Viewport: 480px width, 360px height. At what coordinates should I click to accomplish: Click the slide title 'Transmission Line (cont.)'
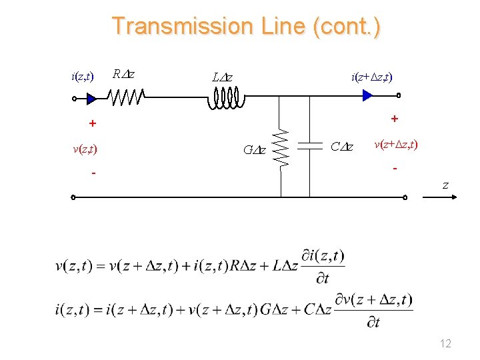246,26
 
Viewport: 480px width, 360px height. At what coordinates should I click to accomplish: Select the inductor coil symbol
225,99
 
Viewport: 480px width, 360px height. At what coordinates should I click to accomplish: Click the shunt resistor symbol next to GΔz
281,147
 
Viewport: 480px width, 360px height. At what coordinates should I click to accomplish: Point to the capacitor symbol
310,147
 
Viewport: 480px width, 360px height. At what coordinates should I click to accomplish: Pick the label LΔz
222,77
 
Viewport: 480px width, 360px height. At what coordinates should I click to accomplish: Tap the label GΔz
254,149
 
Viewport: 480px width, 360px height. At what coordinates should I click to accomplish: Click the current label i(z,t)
82,76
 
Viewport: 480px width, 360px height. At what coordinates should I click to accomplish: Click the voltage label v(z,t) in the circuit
85,149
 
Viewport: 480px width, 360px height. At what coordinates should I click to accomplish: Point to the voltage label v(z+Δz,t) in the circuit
396,144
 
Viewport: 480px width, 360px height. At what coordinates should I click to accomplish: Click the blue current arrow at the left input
91,99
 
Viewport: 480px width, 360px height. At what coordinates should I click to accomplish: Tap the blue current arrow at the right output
367,96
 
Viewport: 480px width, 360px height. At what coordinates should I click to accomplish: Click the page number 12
445,343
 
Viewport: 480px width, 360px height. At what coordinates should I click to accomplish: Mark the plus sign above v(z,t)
93,123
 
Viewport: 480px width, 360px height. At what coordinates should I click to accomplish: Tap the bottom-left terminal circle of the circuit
73,197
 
